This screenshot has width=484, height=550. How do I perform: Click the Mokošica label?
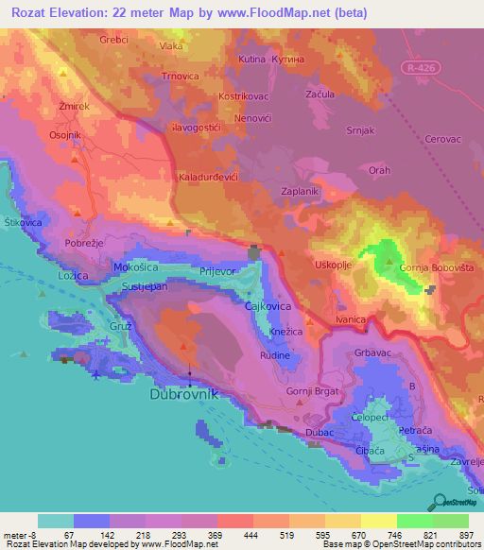134,267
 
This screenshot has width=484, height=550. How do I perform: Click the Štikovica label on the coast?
24,221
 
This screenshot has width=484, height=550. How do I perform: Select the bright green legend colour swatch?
415,521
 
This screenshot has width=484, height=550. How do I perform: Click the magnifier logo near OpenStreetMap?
438,501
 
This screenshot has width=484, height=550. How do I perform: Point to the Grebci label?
114,41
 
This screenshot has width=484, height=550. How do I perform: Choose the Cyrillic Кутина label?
290,59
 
